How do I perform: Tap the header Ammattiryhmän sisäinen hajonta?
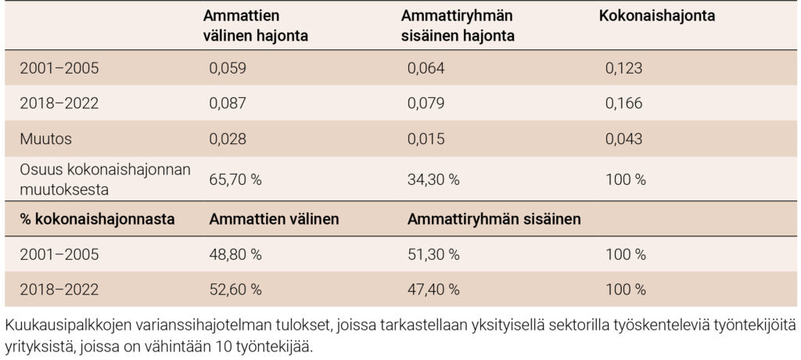pyautogui.click(x=457, y=26)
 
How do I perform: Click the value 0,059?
pyautogui.click(x=228, y=68)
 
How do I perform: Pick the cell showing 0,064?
pyautogui.click(x=427, y=68)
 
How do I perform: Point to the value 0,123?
pyautogui.click(x=623, y=68)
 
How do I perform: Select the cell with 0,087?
pyautogui.click(x=228, y=103)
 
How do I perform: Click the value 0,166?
pyautogui.click(x=623, y=103)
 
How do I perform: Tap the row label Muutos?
pyautogui.click(x=41, y=139)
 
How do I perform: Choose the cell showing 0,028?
pyautogui.click(x=228, y=139)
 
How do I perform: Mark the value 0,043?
pyautogui.click(x=623, y=139)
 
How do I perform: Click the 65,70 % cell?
pyautogui.click(x=235, y=179)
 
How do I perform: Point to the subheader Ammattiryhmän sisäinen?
pyautogui.click(x=494, y=219)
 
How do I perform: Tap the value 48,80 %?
pyautogui.click(x=235, y=254)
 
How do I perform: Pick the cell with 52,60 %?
pyautogui.click(x=235, y=290)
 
